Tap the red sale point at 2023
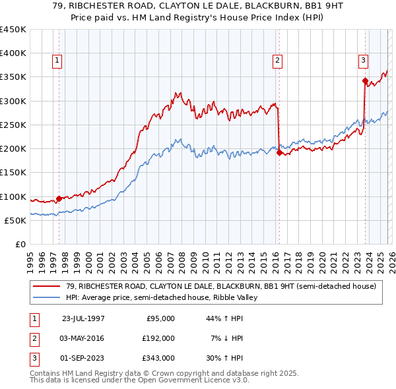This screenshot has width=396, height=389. coord(365,81)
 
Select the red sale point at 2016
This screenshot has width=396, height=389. coord(279,153)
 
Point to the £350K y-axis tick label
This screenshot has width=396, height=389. coord(13,77)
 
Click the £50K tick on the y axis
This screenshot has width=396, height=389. coord(15,220)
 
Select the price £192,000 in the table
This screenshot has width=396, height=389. coord(158,338)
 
